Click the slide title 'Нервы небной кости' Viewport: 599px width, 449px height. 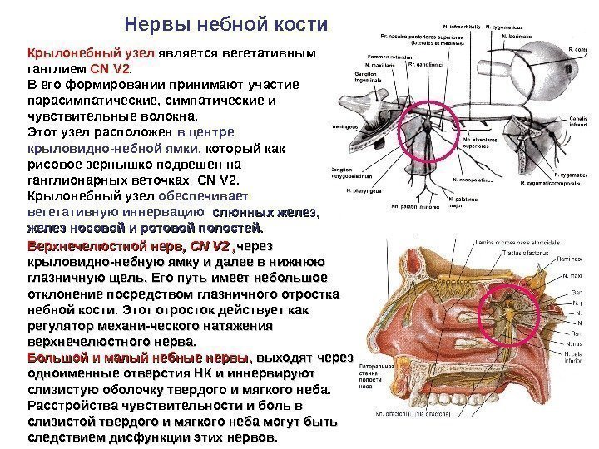(220, 22)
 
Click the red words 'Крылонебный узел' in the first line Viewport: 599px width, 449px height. (80, 53)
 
